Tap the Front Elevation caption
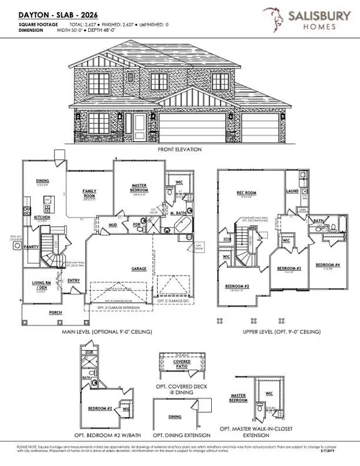(x=179, y=149)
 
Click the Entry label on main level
(x=74, y=279)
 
